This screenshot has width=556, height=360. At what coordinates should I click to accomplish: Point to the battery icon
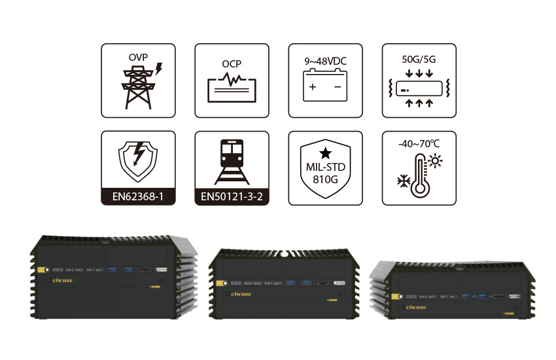pos(325,87)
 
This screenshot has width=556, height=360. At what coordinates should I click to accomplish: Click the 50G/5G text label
pos(419,59)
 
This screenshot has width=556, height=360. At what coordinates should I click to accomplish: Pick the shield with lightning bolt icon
pos(138,159)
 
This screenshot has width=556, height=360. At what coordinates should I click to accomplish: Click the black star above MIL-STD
pos(325,153)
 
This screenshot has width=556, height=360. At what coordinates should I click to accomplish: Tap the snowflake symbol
pos(404,180)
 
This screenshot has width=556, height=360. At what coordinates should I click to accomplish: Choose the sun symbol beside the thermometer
pos(434,161)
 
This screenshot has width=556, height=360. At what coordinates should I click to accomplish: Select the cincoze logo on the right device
pos(416,306)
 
